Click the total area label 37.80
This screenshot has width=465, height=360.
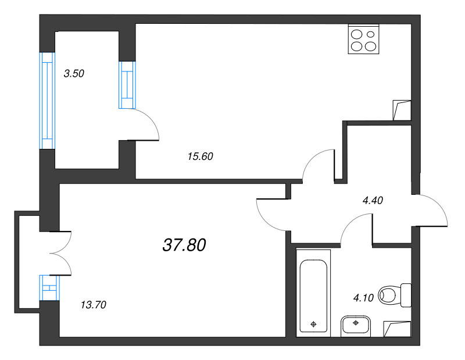point(184,245)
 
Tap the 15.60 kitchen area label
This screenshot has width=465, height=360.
point(200,156)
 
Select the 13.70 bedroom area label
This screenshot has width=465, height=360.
point(94,305)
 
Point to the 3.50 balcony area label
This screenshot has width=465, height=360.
point(74,73)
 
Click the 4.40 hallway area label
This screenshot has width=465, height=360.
point(373,200)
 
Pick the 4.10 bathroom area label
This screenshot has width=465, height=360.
point(363,298)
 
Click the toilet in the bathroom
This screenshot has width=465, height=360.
point(395,295)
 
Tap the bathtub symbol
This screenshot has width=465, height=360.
point(313,293)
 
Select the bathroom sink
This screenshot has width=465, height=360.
point(356,326)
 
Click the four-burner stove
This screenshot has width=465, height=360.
point(364,40)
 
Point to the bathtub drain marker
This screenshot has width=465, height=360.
point(313,324)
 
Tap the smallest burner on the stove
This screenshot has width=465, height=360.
point(371,34)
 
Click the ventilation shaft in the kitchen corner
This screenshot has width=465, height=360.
point(402,110)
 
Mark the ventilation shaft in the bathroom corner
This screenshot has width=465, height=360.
point(398,329)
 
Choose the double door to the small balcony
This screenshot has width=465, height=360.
point(61,254)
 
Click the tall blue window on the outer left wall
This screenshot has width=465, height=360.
point(48,101)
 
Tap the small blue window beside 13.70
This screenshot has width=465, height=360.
point(49,287)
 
